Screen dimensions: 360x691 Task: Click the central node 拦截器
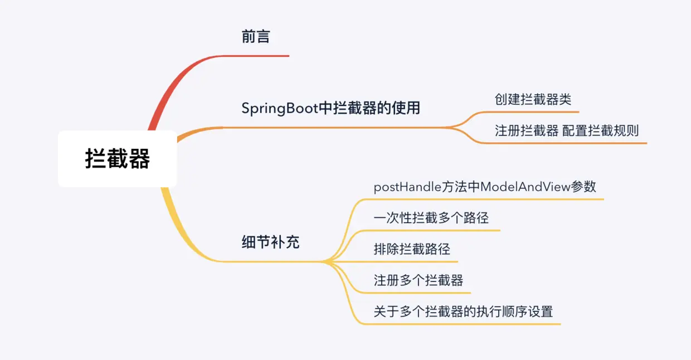tap(117, 159)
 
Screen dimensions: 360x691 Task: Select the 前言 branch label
tap(256, 37)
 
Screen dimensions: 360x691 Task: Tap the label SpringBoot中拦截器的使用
tap(330, 108)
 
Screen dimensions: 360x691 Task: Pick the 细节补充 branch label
tap(270, 243)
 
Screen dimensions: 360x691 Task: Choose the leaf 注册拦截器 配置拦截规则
tap(567, 131)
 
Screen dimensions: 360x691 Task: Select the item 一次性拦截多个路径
tap(431, 218)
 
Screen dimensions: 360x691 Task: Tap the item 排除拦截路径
tap(411, 249)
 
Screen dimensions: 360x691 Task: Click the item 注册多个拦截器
tap(418, 280)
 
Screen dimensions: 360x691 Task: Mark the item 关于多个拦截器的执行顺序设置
tap(463, 312)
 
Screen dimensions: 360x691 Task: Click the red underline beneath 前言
tap(262, 56)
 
